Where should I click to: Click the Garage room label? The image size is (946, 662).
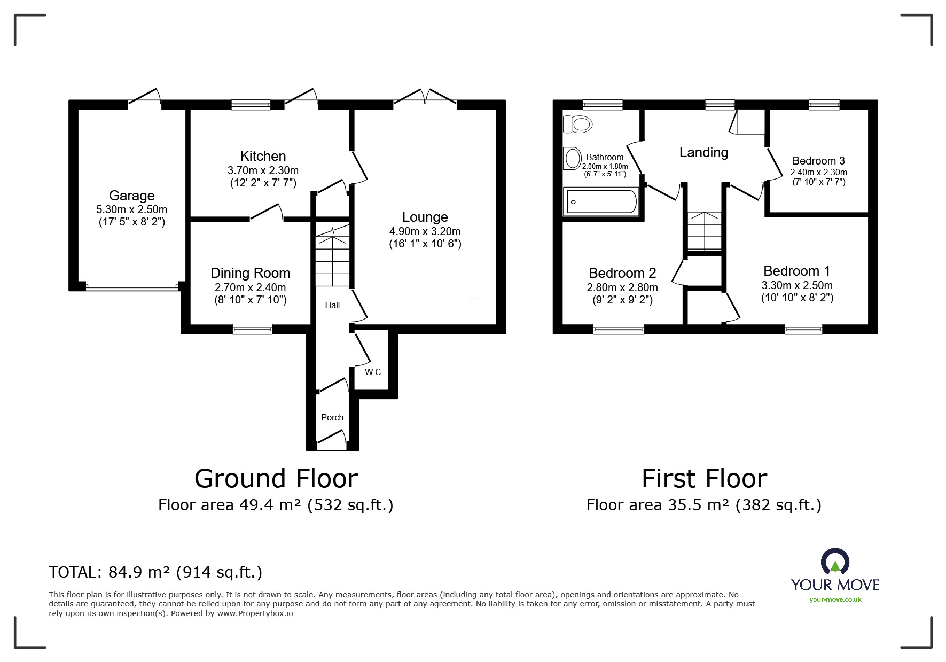pos(132,196)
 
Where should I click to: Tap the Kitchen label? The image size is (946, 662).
pos(263,156)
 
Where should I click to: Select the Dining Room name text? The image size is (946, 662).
pos(251,273)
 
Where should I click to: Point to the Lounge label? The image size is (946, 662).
pos(425,217)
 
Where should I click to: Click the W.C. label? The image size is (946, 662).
pos(374,372)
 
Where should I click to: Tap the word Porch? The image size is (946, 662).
pos(332,417)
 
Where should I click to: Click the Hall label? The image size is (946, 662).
pos(332,305)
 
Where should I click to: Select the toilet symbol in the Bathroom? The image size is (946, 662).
pos(577,124)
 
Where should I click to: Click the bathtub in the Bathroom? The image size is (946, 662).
pos(601,201)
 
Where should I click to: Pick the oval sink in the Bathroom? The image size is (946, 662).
pos(572,159)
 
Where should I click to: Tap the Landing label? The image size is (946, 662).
pos(703,153)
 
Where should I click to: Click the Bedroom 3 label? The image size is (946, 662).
pos(818,161)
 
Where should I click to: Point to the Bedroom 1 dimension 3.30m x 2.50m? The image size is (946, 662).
pos(797,285)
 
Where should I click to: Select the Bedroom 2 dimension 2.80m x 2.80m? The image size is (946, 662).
pos(622,287)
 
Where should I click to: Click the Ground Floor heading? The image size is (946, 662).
pos(276,479)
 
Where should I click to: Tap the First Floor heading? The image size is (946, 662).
pos(704,479)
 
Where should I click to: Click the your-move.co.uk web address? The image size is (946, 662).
pos(835,599)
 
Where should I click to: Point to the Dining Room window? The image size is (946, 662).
pos(252,329)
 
